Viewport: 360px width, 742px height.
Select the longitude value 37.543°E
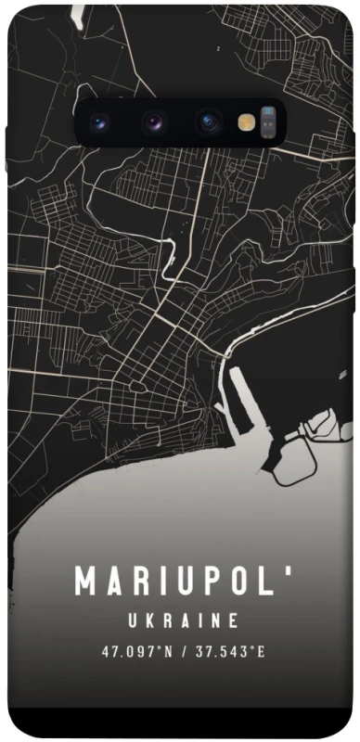(x=227, y=651)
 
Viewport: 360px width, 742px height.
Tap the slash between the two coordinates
(x=185, y=651)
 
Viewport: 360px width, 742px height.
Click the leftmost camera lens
(x=100, y=122)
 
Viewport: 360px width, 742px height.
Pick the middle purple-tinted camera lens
(x=154, y=122)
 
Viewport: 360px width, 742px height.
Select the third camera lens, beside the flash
(x=208, y=122)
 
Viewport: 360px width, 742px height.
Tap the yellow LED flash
(x=246, y=122)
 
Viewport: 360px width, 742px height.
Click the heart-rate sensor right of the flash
(x=268, y=122)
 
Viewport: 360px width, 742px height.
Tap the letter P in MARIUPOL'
(x=205, y=582)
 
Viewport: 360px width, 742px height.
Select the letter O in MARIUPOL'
(x=235, y=582)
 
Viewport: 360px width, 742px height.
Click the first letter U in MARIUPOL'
(x=175, y=582)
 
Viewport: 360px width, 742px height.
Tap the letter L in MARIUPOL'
(x=263, y=582)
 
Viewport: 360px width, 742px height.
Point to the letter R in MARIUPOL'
(x=137, y=582)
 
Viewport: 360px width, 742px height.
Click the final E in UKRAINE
(x=235, y=620)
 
